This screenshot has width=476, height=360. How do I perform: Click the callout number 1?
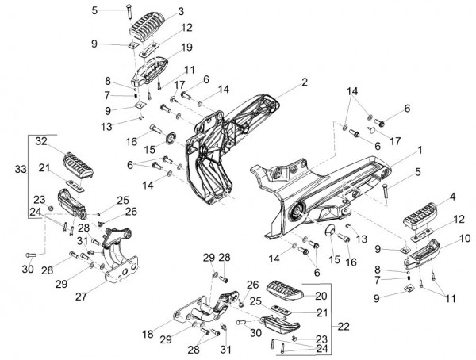(x=420, y=150)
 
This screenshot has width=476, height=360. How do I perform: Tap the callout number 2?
(x=305, y=82)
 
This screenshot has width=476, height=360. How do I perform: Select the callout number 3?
(x=181, y=12)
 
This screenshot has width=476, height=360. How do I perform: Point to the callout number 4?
(x=452, y=197)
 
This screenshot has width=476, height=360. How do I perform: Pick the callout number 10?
(x=465, y=238)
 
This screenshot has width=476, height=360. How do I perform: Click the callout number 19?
(x=187, y=48)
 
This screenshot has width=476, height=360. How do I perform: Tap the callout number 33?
(x=21, y=169)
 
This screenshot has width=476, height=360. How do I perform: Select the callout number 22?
(x=344, y=327)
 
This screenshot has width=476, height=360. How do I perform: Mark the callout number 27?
(x=82, y=297)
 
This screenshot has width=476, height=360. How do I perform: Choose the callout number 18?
(x=148, y=334)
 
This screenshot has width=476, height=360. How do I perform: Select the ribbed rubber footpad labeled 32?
(x=78, y=164)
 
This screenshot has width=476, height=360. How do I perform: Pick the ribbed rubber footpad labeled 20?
(x=286, y=291)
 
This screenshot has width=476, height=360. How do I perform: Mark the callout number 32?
(x=41, y=141)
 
